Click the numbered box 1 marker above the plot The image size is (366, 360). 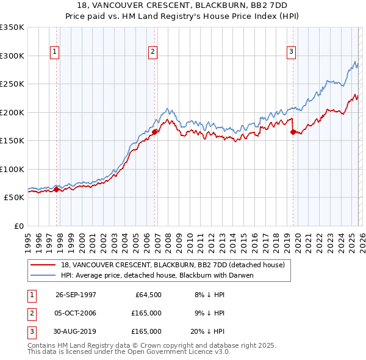(55, 52)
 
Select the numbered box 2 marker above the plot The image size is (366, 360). (152, 52)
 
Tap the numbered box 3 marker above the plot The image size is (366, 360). (292, 52)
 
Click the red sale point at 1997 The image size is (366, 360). (57, 189)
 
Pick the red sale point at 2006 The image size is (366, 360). (155, 131)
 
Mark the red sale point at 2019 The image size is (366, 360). (293, 131)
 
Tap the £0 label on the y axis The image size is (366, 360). (18, 226)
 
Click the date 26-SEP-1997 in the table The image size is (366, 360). (76, 294)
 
